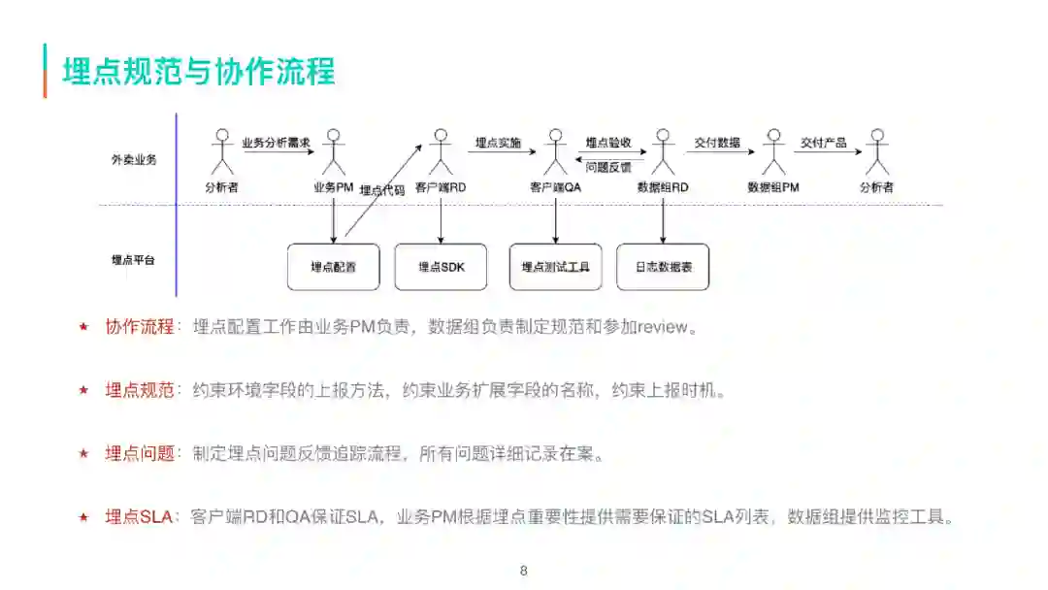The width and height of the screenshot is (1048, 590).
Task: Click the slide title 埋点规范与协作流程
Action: tap(199, 72)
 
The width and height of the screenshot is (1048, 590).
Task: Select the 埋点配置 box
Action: tap(333, 267)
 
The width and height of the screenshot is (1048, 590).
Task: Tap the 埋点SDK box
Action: tap(441, 267)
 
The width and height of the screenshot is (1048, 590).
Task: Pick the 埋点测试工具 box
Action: tap(555, 267)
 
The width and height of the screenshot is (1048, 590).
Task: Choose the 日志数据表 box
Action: tap(663, 267)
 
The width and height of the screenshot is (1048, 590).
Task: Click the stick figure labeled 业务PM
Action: tap(334, 152)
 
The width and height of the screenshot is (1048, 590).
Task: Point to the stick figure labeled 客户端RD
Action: tap(442, 152)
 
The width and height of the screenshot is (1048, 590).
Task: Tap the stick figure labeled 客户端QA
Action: tap(555, 152)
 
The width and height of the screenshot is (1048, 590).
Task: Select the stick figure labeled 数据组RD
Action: tap(663, 152)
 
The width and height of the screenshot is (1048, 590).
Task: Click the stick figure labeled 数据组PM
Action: tap(773, 152)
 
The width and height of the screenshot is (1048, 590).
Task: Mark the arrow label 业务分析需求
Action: tap(276, 143)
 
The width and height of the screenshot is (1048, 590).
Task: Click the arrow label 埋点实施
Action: tap(498, 143)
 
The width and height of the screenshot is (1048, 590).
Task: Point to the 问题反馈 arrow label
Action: tap(608, 167)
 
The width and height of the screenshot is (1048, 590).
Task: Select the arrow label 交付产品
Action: tap(823, 143)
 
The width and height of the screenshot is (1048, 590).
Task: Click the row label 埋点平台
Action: tap(134, 260)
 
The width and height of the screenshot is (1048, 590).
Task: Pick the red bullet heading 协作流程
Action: tap(140, 327)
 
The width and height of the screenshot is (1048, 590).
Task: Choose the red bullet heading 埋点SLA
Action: tap(139, 516)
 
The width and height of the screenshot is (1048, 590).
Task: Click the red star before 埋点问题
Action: tap(83, 453)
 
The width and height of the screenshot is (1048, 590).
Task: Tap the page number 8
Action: tap(524, 571)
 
